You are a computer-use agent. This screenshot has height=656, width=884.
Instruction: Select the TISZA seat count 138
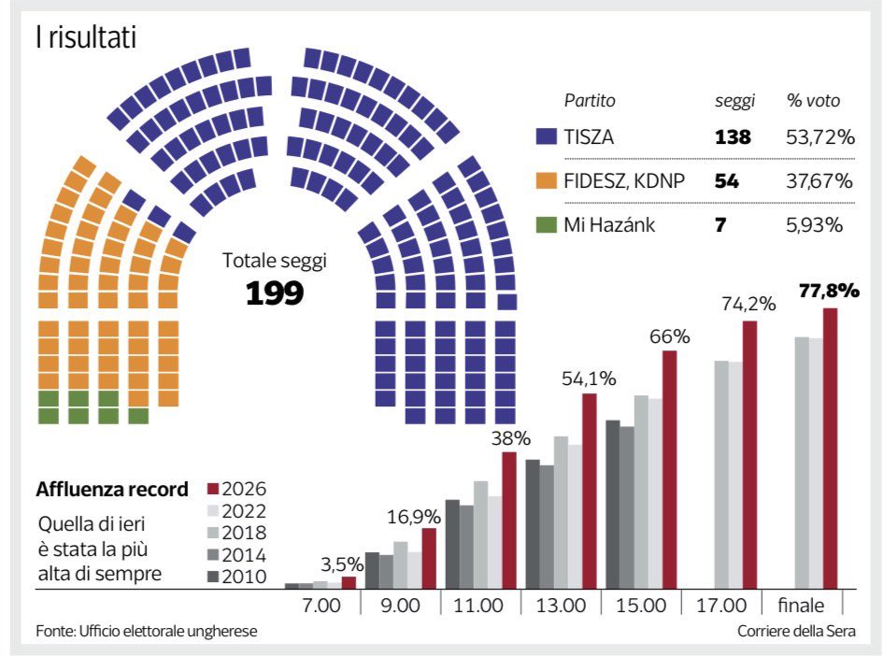pos(733,137)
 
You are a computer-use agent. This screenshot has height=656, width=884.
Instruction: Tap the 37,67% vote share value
pos(820,181)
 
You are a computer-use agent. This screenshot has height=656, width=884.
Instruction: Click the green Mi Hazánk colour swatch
pos(547,224)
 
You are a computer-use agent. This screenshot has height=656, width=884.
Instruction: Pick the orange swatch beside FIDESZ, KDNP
pos(547,181)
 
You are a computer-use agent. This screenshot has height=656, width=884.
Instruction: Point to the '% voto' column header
pos(812,101)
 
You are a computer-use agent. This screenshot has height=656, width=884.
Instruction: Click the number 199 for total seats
pos(275,293)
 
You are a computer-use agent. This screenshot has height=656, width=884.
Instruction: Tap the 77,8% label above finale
pos(829,291)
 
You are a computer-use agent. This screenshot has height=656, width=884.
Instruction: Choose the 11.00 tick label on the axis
pos(480,606)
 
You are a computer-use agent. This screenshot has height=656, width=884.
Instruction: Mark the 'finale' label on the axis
pos(803,606)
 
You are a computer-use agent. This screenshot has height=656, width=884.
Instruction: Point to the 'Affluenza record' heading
pos(112,489)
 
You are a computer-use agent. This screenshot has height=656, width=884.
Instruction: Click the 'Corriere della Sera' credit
pos(795,632)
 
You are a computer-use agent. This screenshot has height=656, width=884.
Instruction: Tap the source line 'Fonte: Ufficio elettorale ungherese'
pos(146,632)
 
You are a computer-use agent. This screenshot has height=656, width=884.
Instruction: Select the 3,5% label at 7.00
pos(339,563)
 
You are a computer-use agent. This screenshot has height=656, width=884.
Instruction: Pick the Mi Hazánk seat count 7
pos(720,224)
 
